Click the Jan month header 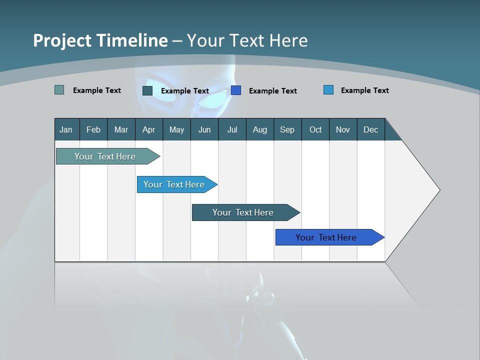[66, 129]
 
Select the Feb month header [93, 129]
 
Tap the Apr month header [148, 129]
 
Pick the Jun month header [204, 129]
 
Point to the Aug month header [259, 129]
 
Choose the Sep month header [287, 129]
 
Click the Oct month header [315, 129]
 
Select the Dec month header [370, 129]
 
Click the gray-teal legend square [59, 90]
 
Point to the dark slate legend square [147, 90]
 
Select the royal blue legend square [236, 90]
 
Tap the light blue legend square [328, 90]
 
